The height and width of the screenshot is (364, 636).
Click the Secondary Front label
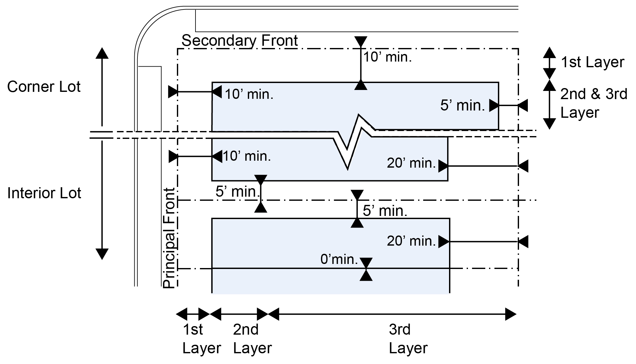coord(240,41)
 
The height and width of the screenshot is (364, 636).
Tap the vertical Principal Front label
coord(169,238)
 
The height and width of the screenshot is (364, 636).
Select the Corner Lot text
coord(44,87)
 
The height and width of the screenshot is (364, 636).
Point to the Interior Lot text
coord(44,193)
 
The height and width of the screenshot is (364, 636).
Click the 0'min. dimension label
coord(339,260)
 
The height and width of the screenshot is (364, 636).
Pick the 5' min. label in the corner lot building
coord(462,105)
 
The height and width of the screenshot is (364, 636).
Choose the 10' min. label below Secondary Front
coord(388,57)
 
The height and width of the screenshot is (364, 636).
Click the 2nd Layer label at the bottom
coord(252,339)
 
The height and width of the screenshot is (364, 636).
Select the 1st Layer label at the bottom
coord(201,339)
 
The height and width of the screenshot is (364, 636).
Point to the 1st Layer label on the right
coord(592,62)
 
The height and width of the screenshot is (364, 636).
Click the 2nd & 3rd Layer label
coord(593,103)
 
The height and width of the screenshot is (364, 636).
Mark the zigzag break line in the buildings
coord(353,139)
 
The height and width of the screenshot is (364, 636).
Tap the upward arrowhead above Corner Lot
coord(102,53)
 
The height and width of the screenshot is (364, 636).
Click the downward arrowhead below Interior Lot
coord(102,254)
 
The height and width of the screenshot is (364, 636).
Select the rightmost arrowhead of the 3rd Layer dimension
coord(511,314)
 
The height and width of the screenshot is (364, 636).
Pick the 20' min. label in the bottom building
coord(411,241)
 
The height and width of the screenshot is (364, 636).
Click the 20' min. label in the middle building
coord(411,163)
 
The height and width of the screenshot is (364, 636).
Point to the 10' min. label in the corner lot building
coord(249,94)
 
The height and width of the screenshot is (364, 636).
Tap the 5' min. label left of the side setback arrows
coord(236,192)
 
